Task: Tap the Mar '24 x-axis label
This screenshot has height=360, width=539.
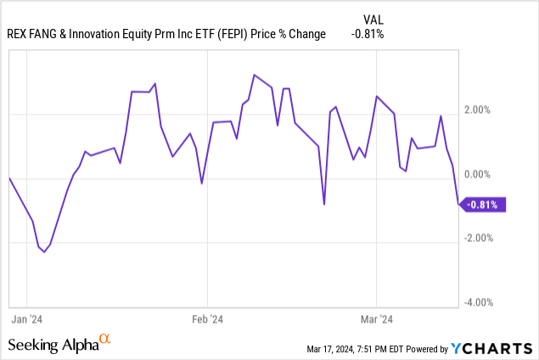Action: (x=376, y=320)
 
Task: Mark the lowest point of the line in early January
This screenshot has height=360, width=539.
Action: (x=44, y=252)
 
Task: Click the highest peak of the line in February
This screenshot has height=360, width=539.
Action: (x=254, y=75)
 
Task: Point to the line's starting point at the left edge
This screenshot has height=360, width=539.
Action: (x=8, y=178)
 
